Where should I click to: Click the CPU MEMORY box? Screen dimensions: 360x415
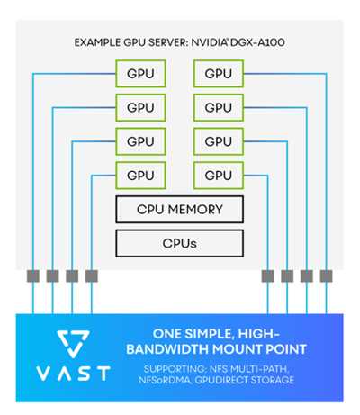click(x=179, y=210)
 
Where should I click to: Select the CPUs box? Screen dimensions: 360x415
click(x=179, y=243)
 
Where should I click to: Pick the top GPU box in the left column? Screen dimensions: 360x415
click(x=140, y=74)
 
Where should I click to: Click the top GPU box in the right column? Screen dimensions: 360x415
click(x=219, y=74)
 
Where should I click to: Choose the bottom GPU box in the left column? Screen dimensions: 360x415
click(x=140, y=176)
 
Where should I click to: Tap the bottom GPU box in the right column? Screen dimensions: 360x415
click(x=219, y=176)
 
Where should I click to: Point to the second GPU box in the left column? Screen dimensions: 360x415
click(x=140, y=107)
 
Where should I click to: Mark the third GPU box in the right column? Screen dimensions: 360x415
click(x=219, y=141)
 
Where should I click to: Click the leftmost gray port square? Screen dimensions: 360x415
click(x=33, y=276)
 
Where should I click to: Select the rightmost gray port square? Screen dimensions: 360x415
click(x=326, y=276)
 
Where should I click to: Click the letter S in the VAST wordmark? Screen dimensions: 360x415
click(x=85, y=374)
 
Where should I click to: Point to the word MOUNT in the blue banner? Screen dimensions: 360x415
click(x=233, y=349)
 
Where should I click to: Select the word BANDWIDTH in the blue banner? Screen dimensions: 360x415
click(x=167, y=349)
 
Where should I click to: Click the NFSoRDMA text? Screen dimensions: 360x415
click(x=165, y=380)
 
